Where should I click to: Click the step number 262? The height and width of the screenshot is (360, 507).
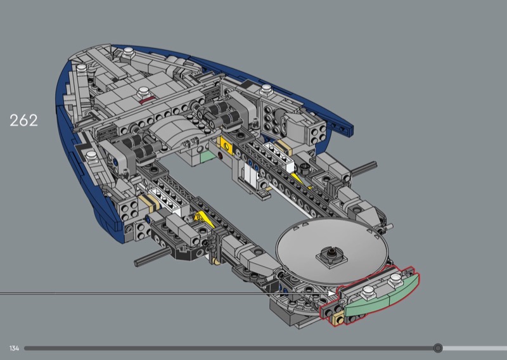click(x=23, y=120)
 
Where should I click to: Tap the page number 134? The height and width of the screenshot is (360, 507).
click(x=14, y=349)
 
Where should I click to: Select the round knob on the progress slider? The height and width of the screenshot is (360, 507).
click(x=438, y=348)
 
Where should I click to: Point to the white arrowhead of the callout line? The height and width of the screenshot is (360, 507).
click(x=332, y=293)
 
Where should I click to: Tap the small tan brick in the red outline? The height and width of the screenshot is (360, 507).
click(x=338, y=319)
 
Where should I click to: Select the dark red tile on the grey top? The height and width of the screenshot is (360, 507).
click(x=148, y=100)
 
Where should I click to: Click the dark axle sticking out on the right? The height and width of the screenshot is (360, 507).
click(x=364, y=168)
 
